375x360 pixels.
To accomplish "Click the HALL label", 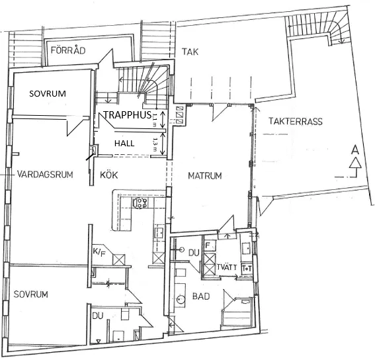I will [125, 143].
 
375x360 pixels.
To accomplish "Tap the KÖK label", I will [110, 175].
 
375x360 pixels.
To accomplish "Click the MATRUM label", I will [204, 176].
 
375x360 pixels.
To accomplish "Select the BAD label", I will [201, 296].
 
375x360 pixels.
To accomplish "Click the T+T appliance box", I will [247, 268].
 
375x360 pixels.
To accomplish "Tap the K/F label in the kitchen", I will [99, 252].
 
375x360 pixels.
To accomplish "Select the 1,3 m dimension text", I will [155, 143].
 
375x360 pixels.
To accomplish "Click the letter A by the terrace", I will [355, 151].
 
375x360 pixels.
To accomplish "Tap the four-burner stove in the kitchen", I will [140, 202].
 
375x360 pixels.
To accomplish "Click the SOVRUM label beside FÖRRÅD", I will [48, 94].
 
